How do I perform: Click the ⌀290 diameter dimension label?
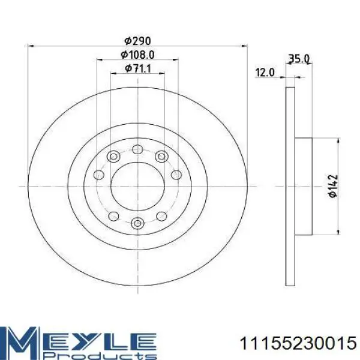138,41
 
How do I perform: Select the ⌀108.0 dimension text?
138,55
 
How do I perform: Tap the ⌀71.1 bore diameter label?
138,68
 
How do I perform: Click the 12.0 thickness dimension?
265,73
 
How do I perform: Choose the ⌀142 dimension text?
332,186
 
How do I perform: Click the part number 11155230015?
298,343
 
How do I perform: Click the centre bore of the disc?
137,187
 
